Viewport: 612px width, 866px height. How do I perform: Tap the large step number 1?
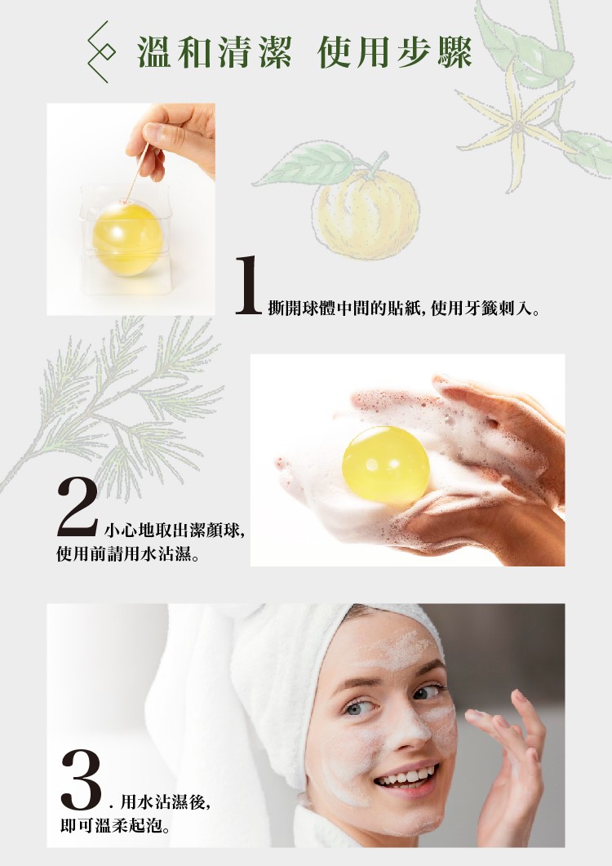coord(249,285)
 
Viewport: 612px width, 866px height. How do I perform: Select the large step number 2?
coord(78,508)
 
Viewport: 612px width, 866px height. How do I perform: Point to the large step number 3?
coord(82,779)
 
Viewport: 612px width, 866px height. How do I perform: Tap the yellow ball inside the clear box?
coord(127,238)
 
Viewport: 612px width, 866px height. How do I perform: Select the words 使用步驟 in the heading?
coord(394,52)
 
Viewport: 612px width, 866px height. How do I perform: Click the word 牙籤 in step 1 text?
coord(480,307)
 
